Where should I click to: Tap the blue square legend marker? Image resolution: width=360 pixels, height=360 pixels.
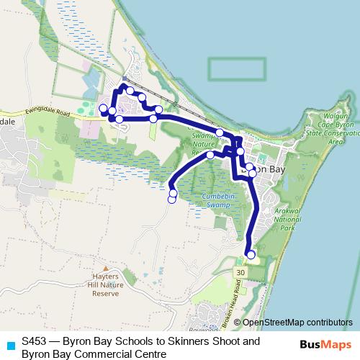tap(9, 344)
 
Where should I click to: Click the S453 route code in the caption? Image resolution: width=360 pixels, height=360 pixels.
tap(35, 341)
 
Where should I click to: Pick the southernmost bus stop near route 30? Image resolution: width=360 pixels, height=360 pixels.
tap(251, 254)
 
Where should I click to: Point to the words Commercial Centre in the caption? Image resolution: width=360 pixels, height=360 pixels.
tap(120, 354)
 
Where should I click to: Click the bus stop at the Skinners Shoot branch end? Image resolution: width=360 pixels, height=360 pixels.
tap(172, 199)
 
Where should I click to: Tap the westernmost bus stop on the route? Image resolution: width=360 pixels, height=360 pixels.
tap(103, 109)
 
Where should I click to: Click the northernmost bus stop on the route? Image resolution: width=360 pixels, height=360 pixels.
tap(123, 88)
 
